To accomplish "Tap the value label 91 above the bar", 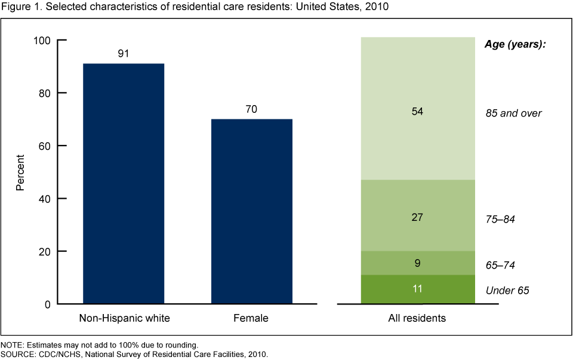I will pyautogui.click(x=124, y=54).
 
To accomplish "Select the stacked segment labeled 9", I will pyautogui.click(x=417, y=263).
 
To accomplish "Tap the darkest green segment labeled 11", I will pyautogui.click(x=417, y=290).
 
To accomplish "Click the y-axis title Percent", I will pyautogui.click(x=20, y=173).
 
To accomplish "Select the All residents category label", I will pyautogui.click(x=417, y=318).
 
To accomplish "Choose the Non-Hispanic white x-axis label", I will pyautogui.click(x=124, y=318).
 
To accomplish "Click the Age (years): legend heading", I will pyautogui.click(x=514, y=44).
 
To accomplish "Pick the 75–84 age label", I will pyautogui.click(x=500, y=220).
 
